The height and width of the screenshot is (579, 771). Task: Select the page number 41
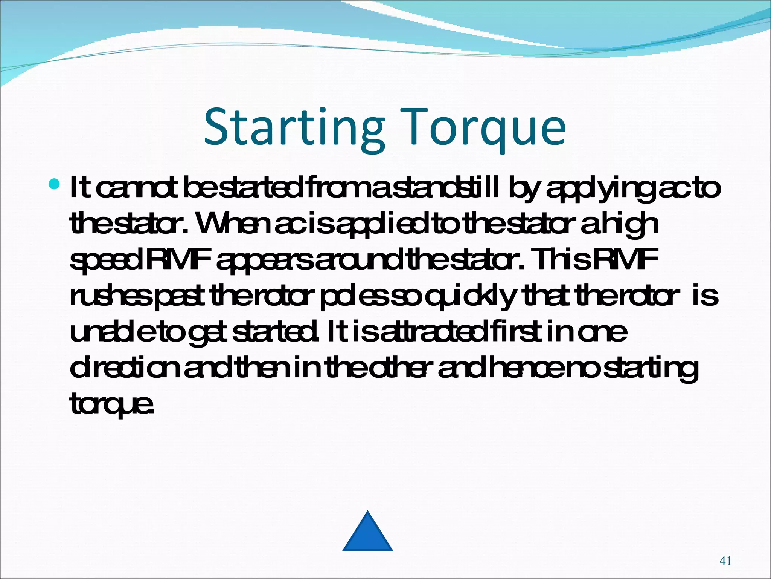pos(725,561)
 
